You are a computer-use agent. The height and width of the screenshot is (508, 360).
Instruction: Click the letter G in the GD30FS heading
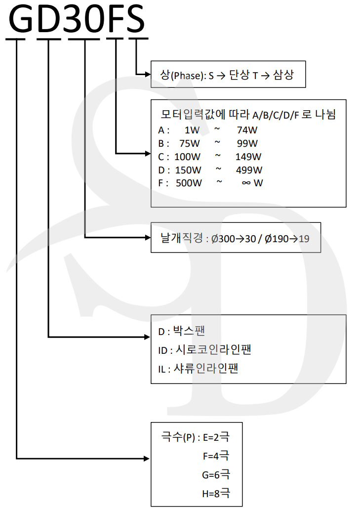[x=21, y=18]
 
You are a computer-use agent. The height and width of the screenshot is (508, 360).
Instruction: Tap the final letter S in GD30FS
[x=135, y=18]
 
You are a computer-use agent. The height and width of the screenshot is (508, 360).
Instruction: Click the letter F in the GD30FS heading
[x=115, y=18]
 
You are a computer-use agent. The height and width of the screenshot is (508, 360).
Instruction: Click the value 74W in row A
[x=247, y=130]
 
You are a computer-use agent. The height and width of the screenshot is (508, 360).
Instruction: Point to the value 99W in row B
[x=247, y=143]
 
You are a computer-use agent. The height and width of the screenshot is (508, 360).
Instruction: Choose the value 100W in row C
[x=188, y=157]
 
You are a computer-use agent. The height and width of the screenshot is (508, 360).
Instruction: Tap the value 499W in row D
[x=249, y=170]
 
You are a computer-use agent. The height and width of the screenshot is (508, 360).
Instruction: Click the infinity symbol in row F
[x=246, y=183]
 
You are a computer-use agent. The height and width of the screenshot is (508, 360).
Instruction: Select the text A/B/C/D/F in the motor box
[x=276, y=115]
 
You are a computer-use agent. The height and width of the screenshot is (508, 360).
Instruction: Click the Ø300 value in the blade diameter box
[x=223, y=239]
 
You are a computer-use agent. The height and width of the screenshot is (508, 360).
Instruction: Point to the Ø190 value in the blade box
[x=277, y=239]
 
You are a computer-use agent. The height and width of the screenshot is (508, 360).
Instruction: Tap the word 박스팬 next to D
[x=189, y=331]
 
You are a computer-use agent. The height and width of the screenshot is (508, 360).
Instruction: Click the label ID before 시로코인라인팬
[x=162, y=350]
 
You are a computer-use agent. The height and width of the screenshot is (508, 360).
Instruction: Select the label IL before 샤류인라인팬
[x=162, y=369]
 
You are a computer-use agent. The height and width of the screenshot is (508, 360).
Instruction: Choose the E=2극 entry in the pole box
[x=216, y=437]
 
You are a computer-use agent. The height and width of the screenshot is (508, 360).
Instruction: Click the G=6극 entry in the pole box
[x=216, y=474]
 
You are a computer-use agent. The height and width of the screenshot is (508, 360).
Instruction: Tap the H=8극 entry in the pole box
[x=216, y=493]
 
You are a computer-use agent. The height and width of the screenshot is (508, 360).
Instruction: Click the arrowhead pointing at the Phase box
[x=148, y=75]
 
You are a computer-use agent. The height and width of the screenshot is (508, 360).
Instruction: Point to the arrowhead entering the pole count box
[x=147, y=459]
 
